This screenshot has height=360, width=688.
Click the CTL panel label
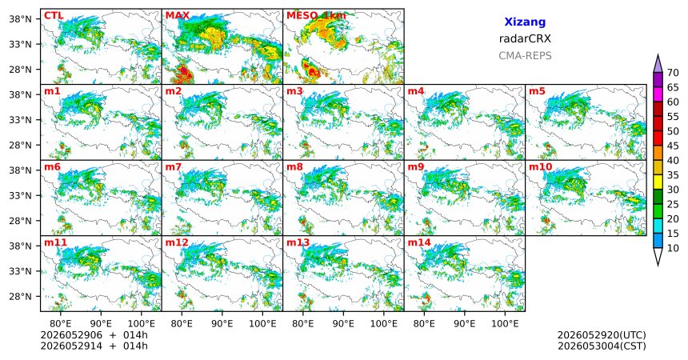54,16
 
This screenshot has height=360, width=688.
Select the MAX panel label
178,16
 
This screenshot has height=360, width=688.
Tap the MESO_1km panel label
316,16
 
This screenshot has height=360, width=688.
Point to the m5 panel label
537,91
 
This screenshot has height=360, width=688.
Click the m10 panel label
540,167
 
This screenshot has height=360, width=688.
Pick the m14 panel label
419,242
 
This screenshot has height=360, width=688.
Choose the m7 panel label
174,167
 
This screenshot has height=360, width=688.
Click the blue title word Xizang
525,22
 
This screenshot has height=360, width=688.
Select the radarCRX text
525,38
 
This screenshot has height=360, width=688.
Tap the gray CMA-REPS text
525,56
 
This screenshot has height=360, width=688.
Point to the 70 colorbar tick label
673,73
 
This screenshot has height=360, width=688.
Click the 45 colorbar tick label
673,146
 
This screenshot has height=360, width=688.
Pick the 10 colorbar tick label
673,248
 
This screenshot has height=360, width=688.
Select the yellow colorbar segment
658,182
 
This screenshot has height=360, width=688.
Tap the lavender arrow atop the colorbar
658,64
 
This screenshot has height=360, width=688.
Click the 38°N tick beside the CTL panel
20,19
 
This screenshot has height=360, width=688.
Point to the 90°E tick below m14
465,324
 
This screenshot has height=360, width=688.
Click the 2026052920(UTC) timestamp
602,335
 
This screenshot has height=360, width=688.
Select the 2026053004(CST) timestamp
602,346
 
